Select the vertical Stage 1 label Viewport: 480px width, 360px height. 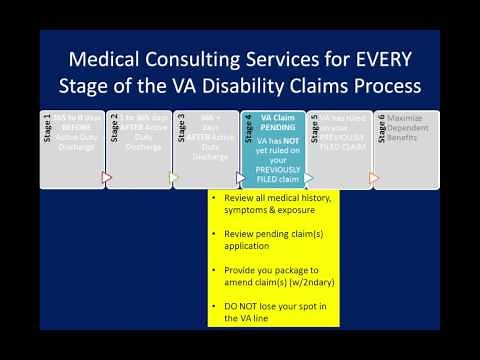47,130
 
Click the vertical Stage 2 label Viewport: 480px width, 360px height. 113,130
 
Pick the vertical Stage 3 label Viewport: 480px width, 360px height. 180,130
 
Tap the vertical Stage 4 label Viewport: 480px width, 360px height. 247,130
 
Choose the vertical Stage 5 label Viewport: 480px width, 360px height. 313,130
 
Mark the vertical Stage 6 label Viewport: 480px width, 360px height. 380,130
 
